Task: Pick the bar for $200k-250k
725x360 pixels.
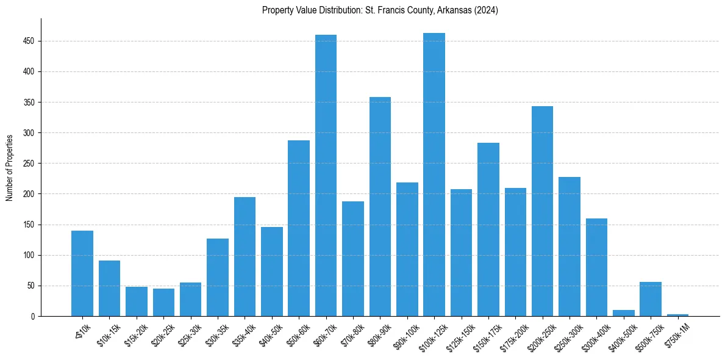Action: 542,211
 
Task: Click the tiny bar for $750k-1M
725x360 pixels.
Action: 677,315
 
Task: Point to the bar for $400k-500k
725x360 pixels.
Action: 624,313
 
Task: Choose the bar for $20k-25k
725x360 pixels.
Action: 163,303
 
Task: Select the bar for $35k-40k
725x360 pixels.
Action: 245,256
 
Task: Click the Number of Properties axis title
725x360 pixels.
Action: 10,167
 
